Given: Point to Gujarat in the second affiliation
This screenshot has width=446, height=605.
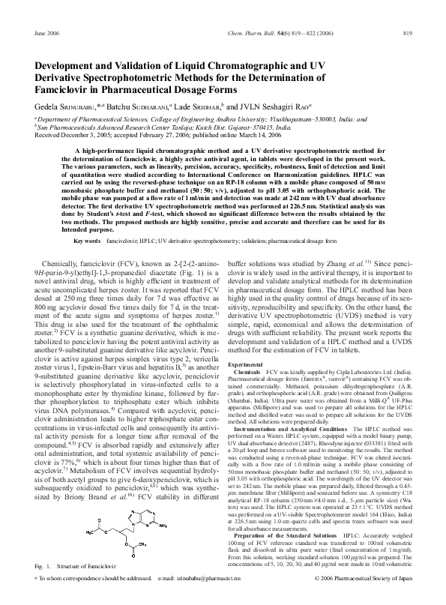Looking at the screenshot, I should tap(269, 127).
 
